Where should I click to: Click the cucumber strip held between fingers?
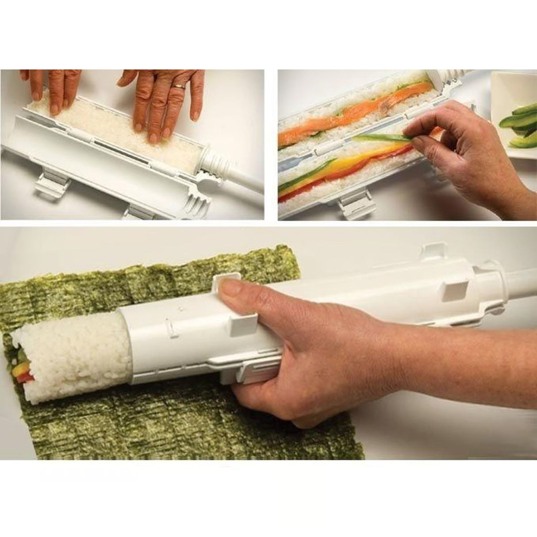385,139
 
